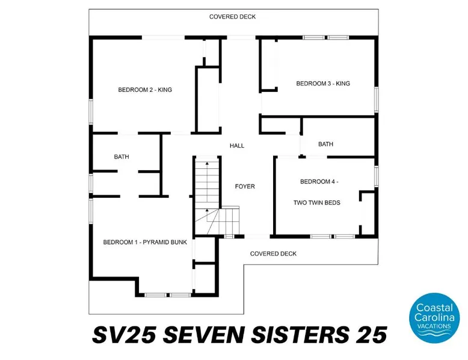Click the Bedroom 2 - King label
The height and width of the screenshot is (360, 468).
145,90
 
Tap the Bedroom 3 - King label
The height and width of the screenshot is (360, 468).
323,84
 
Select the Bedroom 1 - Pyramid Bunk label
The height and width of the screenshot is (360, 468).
145,242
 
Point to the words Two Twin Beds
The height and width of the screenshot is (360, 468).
316,203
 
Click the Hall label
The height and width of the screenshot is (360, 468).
237,146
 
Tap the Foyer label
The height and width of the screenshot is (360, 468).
245,186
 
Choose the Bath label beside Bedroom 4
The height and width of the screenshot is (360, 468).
325,144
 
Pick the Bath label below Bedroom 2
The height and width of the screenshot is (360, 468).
122,157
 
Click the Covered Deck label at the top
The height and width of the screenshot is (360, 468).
233,17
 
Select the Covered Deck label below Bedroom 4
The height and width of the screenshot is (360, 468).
273,254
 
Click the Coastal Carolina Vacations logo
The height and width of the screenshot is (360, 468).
434,318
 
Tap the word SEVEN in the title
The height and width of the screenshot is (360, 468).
203,335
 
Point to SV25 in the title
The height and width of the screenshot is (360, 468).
124,335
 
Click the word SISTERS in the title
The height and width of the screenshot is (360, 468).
300,335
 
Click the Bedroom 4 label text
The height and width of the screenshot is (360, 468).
319,182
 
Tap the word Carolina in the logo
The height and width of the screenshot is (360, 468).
434,317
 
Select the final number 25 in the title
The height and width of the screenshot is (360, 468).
372,335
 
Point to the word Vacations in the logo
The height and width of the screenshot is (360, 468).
434,326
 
